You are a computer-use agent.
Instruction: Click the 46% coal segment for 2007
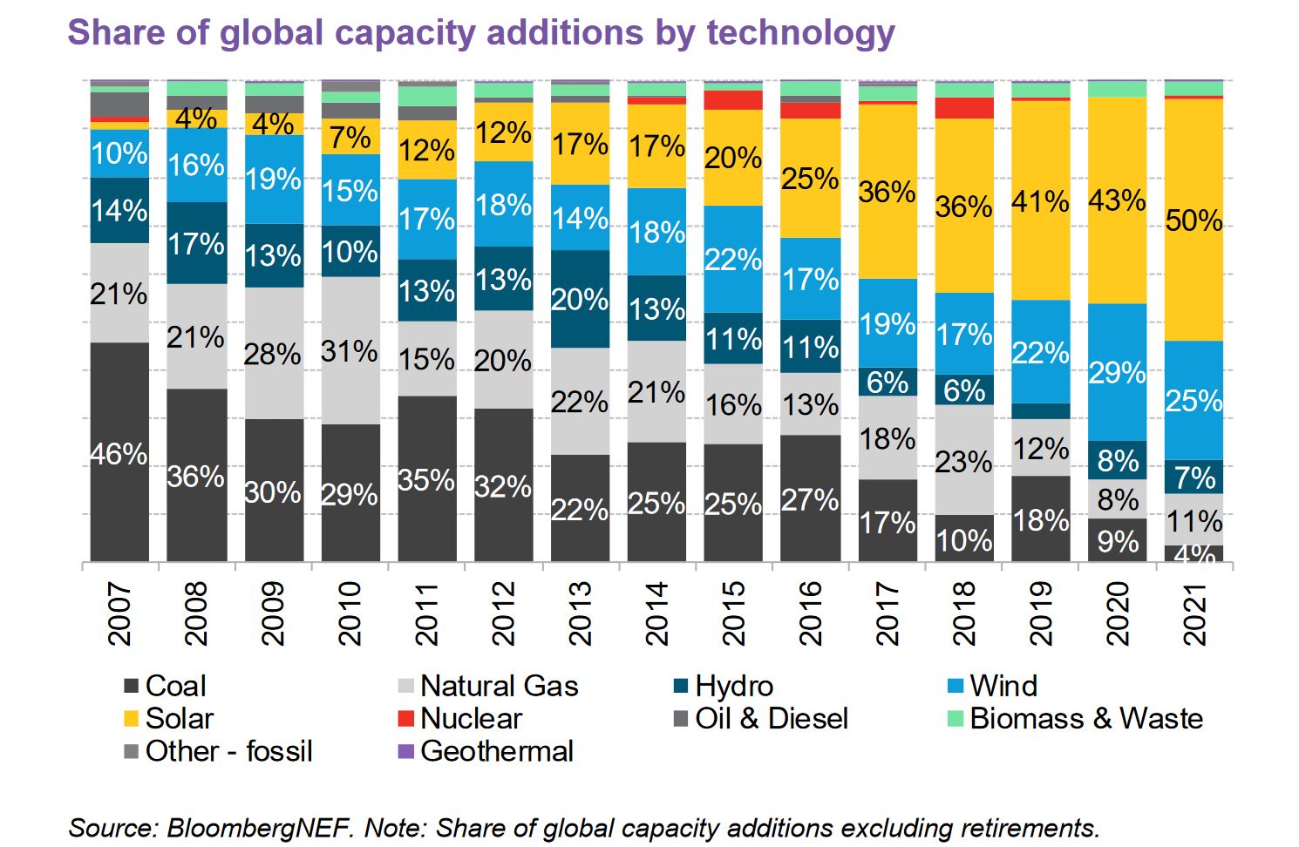pyautogui.click(x=119, y=451)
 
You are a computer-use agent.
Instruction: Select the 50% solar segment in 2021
pyautogui.click(x=1194, y=220)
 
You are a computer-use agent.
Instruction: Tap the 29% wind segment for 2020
pyautogui.click(x=1118, y=372)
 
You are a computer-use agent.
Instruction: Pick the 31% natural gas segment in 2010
pyautogui.click(x=350, y=350)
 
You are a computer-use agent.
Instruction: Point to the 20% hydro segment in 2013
pyautogui.click(x=580, y=299)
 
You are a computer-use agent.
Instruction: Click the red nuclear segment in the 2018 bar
pyautogui.click(x=964, y=108)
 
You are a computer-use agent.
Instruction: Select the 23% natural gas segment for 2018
pyautogui.click(x=964, y=460)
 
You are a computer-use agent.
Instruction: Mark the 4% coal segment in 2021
pyautogui.click(x=1194, y=553)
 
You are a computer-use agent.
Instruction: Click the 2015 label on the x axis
pyautogui.click(x=733, y=614)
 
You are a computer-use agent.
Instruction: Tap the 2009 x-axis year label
pyautogui.click(x=273, y=614)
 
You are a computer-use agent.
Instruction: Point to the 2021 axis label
pyautogui.click(x=1194, y=614)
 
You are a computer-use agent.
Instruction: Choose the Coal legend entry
pyautogui.click(x=166, y=686)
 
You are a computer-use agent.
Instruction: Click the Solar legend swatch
pyautogui.click(x=132, y=719)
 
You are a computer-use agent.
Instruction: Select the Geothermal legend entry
pyautogui.click(x=486, y=751)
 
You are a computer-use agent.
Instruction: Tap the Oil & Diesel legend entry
pyautogui.click(x=761, y=719)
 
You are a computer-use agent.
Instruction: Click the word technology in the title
pyautogui.click(x=801, y=32)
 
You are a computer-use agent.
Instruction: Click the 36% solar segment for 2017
pyautogui.click(x=888, y=192)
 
